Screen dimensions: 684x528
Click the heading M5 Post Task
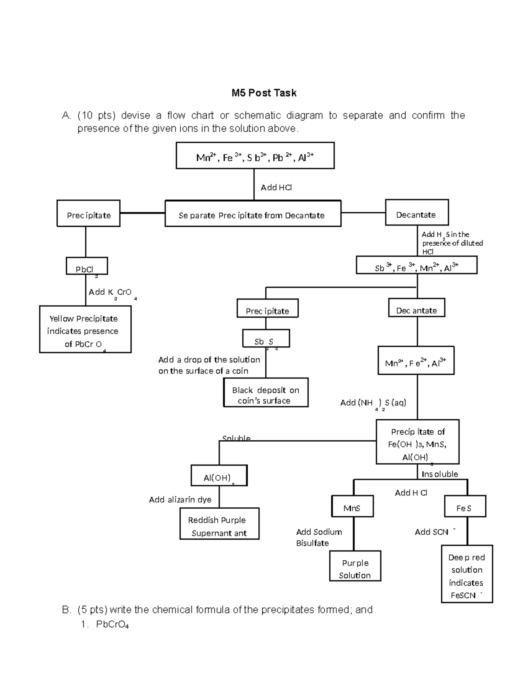pyautogui.click(x=264, y=93)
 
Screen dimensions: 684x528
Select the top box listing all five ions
pyautogui.click(x=255, y=155)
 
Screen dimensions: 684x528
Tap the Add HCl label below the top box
pyautogui.click(x=276, y=188)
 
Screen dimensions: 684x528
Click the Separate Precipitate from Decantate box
pyautogui.click(x=253, y=214)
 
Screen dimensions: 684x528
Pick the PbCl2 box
pyautogui.click(x=87, y=267)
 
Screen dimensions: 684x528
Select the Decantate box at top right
pyautogui.click(x=416, y=213)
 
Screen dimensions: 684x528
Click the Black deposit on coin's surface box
pyautogui.click(x=265, y=393)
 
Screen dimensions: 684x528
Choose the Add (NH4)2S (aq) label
pyautogui.click(x=373, y=403)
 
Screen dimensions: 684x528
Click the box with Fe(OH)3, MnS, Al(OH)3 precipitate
pyautogui.click(x=417, y=442)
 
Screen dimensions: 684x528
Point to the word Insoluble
pyautogui.click(x=440, y=474)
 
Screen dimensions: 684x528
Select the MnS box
pyautogui.click(x=352, y=507)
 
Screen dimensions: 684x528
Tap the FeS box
pyautogui.click(x=465, y=507)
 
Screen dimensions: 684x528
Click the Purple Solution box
pyautogui.click(x=355, y=566)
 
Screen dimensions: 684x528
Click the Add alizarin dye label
pyautogui.click(x=180, y=500)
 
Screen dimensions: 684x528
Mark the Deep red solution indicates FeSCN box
pyautogui.click(x=466, y=574)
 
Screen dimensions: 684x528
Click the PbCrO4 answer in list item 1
pyautogui.click(x=112, y=625)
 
